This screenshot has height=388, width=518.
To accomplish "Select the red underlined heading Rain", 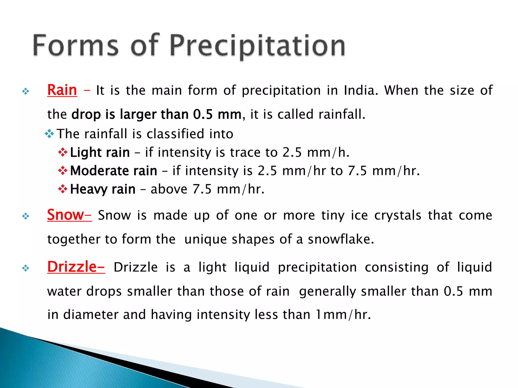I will click(62, 90).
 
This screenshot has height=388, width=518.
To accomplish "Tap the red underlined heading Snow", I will click(66, 215).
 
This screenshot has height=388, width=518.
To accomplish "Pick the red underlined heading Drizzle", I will click(72, 267).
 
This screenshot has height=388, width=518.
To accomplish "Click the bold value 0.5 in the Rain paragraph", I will click(203, 114).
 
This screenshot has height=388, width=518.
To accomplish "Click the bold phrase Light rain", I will click(100, 152).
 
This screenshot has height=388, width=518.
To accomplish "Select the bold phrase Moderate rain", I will click(114, 171).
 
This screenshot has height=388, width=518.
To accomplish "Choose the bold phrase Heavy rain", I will click(103, 189).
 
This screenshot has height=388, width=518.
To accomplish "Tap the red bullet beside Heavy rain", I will click(63, 189).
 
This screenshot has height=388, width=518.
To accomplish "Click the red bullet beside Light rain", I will click(63, 152).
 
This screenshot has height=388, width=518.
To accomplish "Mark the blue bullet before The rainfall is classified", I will click(49, 134).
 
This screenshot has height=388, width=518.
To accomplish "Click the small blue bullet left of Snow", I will click(26, 216).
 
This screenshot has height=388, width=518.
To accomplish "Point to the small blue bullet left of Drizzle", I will click(26, 268).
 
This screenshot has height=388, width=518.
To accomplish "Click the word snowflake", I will click(340, 239).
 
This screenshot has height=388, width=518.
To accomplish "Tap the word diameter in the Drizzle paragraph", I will click(91, 315).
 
